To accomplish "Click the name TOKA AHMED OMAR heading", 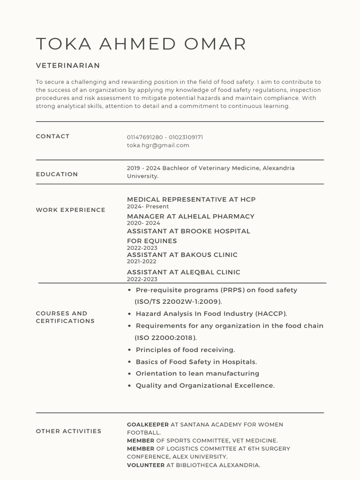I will coord(141,44).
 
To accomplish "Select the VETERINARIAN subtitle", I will coord(68,66).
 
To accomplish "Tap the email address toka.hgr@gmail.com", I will coord(158,145).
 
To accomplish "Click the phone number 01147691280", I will coord(145,137).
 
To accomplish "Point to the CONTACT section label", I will coord(52,136).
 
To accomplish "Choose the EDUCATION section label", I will coord(57,174).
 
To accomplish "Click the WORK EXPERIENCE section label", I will coord(70,210).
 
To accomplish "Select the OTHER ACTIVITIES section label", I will coord(68,431).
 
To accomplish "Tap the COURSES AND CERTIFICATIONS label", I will coord(65,317).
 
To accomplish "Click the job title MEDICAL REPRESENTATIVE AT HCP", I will coord(191,200).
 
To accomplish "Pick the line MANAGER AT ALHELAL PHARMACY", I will coord(190,217).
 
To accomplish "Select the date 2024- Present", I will coord(148,207).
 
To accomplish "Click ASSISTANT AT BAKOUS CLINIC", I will coord(182,255).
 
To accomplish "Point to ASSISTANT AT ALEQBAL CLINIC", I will coord(183,272).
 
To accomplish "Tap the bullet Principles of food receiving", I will coord(185,350).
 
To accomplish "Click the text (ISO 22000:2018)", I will coord(166,338).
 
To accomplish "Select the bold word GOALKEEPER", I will coord(148,425).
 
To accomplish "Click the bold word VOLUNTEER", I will coord(146,465).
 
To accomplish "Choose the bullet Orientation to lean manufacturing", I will coord(197,374).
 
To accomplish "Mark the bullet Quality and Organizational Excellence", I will coord(205,386).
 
